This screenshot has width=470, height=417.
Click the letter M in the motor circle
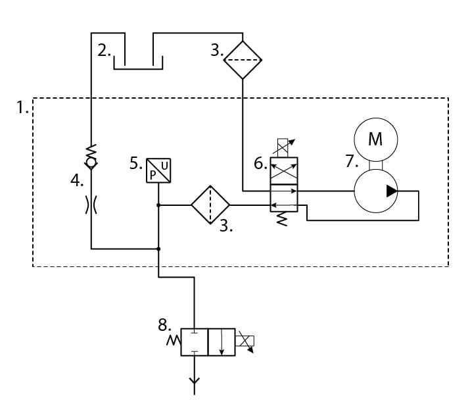[x=375, y=139]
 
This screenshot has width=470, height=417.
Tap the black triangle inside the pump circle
[x=392, y=191]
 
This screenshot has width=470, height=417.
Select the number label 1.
[x=22, y=107]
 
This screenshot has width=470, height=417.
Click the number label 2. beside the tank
[x=104, y=51]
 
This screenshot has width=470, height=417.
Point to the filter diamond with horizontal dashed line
[x=243, y=60]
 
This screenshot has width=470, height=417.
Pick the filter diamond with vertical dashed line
[x=210, y=205]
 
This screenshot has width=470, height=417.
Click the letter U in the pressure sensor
[x=164, y=166]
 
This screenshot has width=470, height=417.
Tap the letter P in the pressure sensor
[x=153, y=175]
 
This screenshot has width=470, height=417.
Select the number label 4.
[x=77, y=181]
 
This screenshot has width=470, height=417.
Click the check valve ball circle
[x=91, y=163]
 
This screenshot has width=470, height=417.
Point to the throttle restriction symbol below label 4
[x=91, y=205]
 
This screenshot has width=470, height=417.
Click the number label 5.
[x=136, y=164]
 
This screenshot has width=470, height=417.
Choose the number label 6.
[x=260, y=164]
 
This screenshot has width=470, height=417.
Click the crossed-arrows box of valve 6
[x=284, y=171]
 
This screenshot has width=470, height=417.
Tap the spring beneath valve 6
[x=282, y=219]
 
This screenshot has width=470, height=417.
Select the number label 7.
[x=352, y=161]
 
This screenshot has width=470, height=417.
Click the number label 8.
[x=164, y=325]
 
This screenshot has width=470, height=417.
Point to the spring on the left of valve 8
[x=174, y=341]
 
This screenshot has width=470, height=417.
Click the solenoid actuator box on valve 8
[x=245, y=341]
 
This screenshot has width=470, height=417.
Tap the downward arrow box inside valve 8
[x=222, y=342]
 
